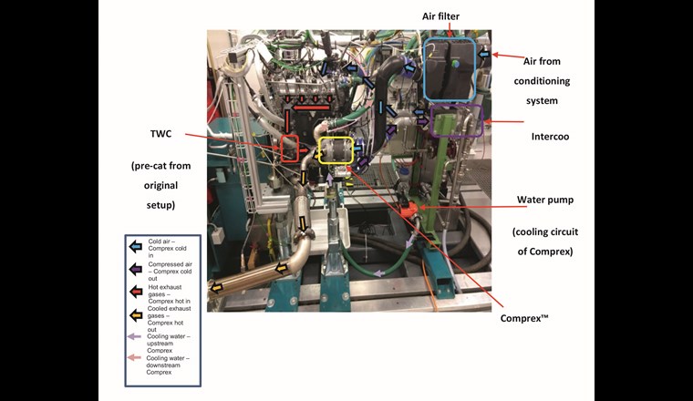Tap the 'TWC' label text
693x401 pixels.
coord(162,133)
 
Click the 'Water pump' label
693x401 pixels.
coord(544,200)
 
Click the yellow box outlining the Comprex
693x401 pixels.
coord(336,149)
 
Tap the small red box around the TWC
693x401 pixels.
coord(289,148)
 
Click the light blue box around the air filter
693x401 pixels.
coord(450,69)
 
